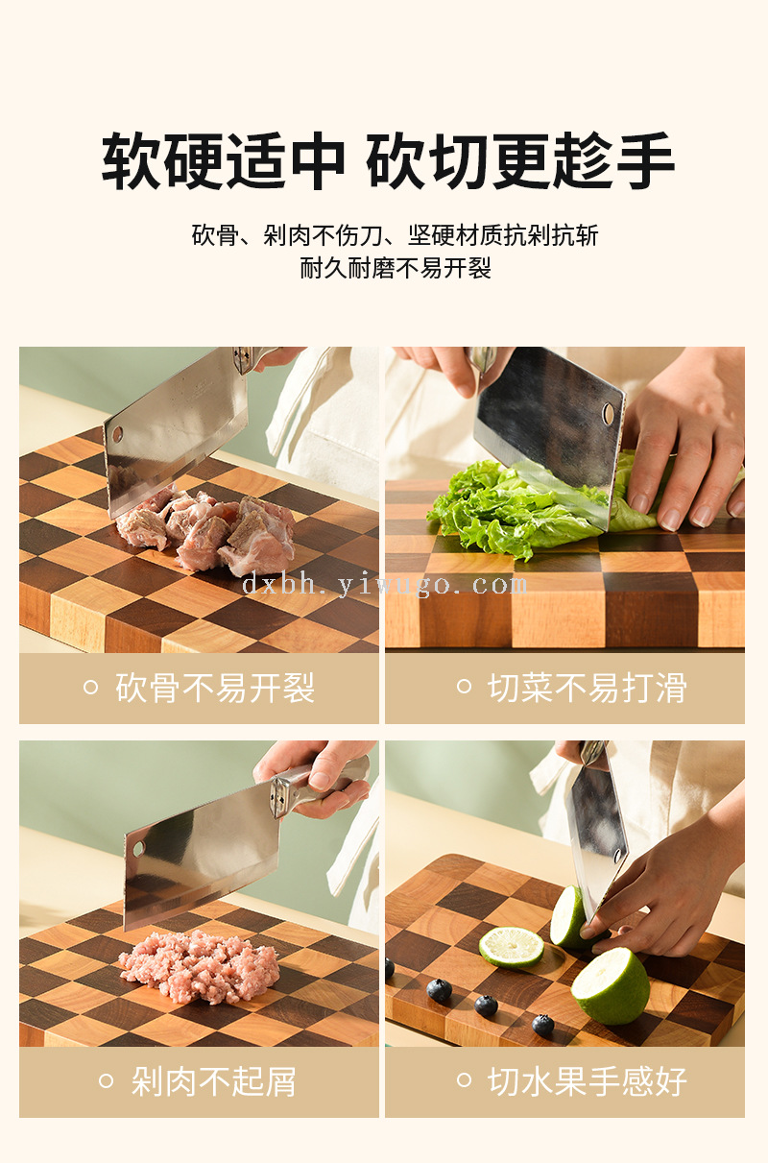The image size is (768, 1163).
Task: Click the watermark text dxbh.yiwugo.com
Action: [x=385, y=585]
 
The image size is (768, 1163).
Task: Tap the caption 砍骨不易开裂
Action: [x=215, y=688]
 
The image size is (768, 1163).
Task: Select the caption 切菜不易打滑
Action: [x=588, y=688]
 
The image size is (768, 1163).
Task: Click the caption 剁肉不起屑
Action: [x=214, y=1081]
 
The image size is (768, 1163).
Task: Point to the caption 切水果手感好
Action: [x=588, y=1081]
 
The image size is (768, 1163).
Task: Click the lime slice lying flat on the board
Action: [x=511, y=947]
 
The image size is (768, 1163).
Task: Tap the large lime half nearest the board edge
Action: [x=611, y=985]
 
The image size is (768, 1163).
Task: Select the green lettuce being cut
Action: [x=535, y=506]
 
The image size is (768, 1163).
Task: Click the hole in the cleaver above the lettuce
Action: [x=608, y=414]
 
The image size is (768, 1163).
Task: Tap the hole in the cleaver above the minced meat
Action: [x=138, y=849]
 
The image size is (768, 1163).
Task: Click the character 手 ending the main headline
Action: [x=645, y=160]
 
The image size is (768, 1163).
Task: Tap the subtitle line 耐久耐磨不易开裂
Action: [x=396, y=269]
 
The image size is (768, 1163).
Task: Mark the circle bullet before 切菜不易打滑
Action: [x=464, y=687]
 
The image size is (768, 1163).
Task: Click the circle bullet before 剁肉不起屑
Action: [x=106, y=1081]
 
